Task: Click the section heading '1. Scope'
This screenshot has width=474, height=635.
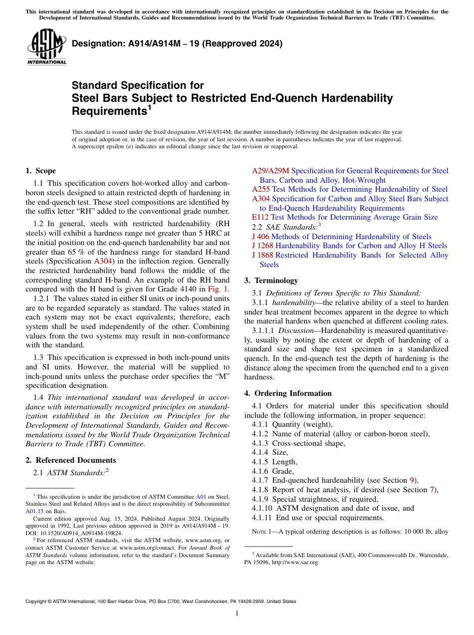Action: (41, 171)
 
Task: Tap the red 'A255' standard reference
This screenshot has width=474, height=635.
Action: (261, 189)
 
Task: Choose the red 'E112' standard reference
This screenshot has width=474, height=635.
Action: (260, 217)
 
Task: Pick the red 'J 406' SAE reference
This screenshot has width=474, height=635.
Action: (260, 237)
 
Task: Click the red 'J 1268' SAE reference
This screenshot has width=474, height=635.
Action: (262, 246)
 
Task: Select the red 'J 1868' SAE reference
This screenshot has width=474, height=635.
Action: (262, 255)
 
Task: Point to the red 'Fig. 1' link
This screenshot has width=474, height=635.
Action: (218, 289)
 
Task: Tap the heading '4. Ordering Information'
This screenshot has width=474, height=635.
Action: (288, 393)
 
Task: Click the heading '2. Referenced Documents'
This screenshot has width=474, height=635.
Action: (71, 460)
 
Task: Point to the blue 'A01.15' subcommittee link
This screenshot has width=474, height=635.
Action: (34, 511)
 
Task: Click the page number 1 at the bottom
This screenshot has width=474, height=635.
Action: (237, 613)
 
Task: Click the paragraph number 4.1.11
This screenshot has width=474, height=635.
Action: (261, 517)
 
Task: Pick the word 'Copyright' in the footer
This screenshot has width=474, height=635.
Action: (37, 602)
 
